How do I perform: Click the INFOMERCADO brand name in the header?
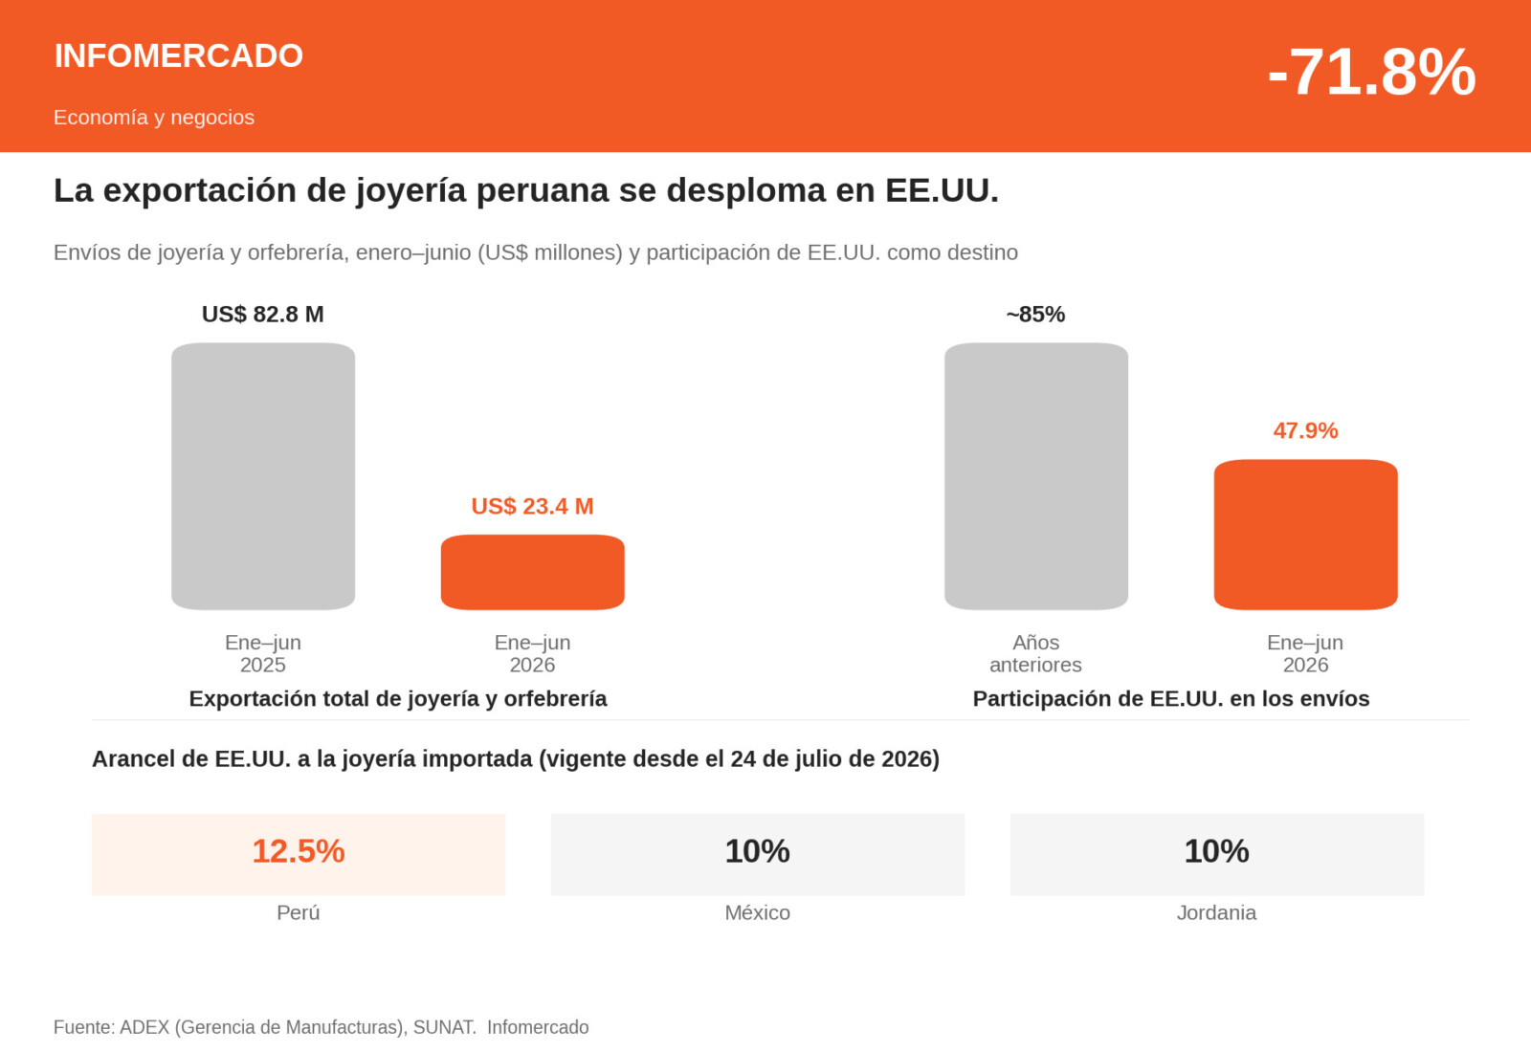pyautogui.click(x=178, y=56)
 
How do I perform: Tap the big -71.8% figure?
pyautogui.click(x=1371, y=72)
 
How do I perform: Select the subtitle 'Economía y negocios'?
pyautogui.click(x=154, y=118)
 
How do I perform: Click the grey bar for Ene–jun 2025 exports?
pyautogui.click(x=263, y=476)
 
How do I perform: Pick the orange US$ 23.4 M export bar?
pyautogui.click(x=532, y=573)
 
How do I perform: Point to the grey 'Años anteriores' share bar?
pyautogui.click(x=1036, y=476)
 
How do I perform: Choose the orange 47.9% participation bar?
pyautogui.click(x=1305, y=535)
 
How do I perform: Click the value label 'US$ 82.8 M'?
pyautogui.click(x=263, y=315)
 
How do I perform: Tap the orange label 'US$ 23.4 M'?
pyautogui.click(x=532, y=506)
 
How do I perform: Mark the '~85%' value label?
pyautogui.click(x=1035, y=315)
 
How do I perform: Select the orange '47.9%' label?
pyautogui.click(x=1305, y=430)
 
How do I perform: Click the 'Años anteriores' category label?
pyautogui.click(x=1035, y=654)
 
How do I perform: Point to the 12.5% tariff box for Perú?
pyautogui.click(x=299, y=855)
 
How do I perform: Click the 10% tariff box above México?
pyautogui.click(x=758, y=855)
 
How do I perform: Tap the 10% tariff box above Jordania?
pyautogui.click(x=1217, y=855)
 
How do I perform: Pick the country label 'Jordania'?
pyautogui.click(x=1216, y=912)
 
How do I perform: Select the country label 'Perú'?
pyautogui.click(x=298, y=912)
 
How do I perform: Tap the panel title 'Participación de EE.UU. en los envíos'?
pyautogui.click(x=1171, y=699)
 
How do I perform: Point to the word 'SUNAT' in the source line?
pyautogui.click(x=444, y=1027)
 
